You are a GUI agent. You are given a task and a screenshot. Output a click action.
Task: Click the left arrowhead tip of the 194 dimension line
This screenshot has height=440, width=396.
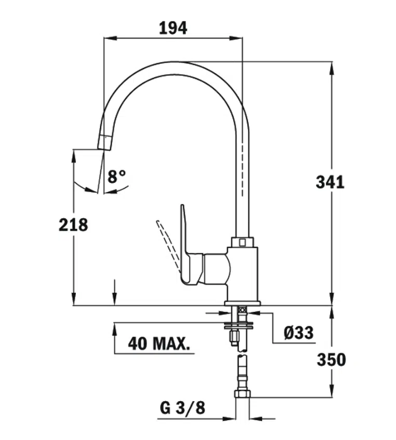(104, 38)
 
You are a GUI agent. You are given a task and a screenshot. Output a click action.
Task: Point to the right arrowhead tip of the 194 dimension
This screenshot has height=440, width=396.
(242, 38)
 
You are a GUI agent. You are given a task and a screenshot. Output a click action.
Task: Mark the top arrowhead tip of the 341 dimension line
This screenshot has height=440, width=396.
(332, 62)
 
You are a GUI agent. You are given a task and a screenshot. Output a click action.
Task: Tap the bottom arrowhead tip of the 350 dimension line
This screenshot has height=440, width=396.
(332, 397)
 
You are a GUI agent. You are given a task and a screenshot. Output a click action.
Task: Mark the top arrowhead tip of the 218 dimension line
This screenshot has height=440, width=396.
(73, 150)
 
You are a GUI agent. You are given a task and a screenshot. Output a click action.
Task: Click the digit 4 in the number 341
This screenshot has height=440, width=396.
(330, 182)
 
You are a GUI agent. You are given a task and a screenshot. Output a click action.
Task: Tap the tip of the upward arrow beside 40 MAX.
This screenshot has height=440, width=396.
(114, 323)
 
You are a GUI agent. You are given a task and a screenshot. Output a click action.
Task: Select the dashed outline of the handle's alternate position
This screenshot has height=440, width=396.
(168, 245)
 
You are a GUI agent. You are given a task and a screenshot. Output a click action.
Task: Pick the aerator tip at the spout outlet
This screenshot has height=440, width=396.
(104, 142)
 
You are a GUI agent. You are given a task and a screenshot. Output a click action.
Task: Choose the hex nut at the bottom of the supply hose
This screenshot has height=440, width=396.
(242, 393)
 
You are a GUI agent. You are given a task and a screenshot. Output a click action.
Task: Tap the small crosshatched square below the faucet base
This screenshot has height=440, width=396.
(243, 310)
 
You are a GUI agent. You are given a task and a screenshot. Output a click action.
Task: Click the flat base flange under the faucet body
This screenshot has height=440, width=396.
(243, 303)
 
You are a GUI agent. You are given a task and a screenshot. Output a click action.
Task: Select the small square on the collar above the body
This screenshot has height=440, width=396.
(242, 242)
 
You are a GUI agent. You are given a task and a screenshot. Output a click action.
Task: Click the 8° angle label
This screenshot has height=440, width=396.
(116, 177)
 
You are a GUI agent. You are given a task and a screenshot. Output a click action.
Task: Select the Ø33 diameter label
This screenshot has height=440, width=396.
(298, 332)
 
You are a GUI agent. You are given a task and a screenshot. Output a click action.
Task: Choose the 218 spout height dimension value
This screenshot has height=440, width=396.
(73, 225)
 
